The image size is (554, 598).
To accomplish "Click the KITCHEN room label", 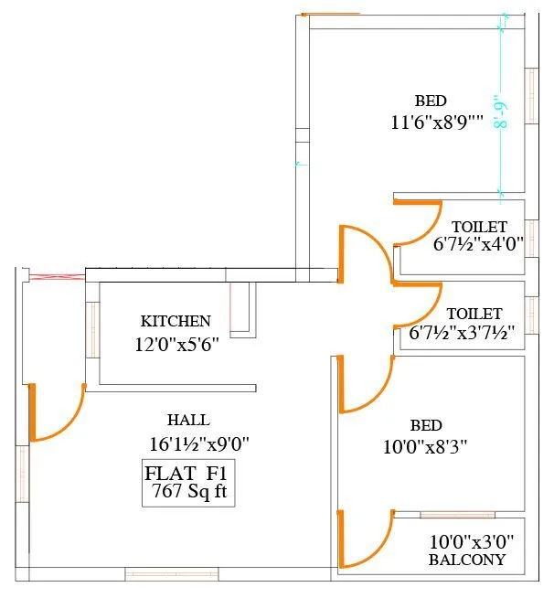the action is [176, 321].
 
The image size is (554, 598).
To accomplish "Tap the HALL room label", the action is [188, 420].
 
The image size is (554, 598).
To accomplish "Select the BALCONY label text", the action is [467, 560].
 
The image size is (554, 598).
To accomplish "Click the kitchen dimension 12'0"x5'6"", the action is [177, 345].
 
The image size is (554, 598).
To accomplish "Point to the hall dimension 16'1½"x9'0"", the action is [199, 443].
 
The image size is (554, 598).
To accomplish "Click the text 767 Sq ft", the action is [189, 491].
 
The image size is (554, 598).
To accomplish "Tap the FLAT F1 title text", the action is [186, 474].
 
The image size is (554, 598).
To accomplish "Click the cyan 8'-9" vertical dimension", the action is [501, 111].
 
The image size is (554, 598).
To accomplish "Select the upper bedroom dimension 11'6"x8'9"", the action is [437, 122].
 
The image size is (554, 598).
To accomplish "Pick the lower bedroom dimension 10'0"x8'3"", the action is [425, 446].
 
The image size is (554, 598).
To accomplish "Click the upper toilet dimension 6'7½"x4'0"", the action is [478, 243].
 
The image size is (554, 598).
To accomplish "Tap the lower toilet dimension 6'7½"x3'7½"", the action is [462, 332].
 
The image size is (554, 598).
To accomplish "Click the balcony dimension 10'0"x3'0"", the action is [472, 541].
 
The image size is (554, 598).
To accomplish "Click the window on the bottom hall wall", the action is [172, 573].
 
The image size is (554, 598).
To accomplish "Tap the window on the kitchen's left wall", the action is [92, 329].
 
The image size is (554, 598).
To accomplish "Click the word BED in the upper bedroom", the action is [431, 101].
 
